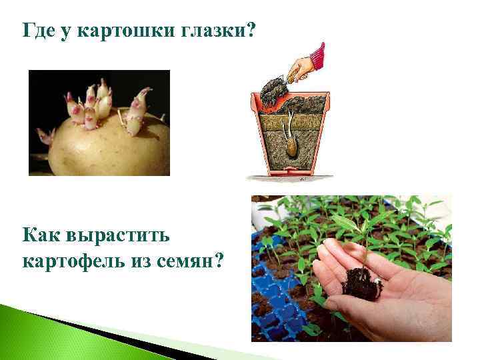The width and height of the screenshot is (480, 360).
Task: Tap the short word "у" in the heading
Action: [65, 31]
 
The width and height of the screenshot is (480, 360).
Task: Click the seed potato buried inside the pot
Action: [291, 148]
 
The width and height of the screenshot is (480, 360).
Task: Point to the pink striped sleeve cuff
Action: [319, 55]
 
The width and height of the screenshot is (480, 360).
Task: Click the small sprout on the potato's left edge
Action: [45, 136]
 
